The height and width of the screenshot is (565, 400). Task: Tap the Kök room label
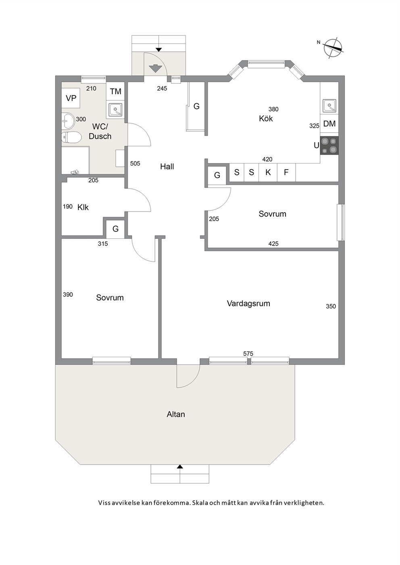pos(266,118)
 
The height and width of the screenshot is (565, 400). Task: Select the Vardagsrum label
pos(248,303)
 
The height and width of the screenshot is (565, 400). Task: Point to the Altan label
pos(176,414)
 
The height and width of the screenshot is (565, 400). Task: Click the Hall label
pos(167,166)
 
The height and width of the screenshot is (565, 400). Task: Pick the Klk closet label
pos(83,207)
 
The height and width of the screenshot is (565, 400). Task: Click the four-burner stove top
pos(329,145)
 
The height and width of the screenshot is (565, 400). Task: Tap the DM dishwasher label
pos(329,124)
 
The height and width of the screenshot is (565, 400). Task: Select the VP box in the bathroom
pos(71,98)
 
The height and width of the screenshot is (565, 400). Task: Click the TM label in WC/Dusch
pos(115,91)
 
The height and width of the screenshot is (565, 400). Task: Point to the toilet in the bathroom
pos(71,138)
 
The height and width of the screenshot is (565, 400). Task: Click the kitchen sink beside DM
pos(329,106)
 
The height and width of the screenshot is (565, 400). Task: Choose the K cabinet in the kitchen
pos(268,172)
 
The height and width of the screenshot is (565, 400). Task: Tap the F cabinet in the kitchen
pos(286,172)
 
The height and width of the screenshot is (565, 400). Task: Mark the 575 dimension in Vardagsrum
pos(248,354)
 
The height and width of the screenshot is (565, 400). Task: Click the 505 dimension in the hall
pos(135,163)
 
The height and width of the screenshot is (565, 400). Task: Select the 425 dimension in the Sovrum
pos(273,244)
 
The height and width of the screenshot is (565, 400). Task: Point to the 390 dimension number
pos(68,294)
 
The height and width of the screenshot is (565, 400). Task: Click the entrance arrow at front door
pos(155,68)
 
